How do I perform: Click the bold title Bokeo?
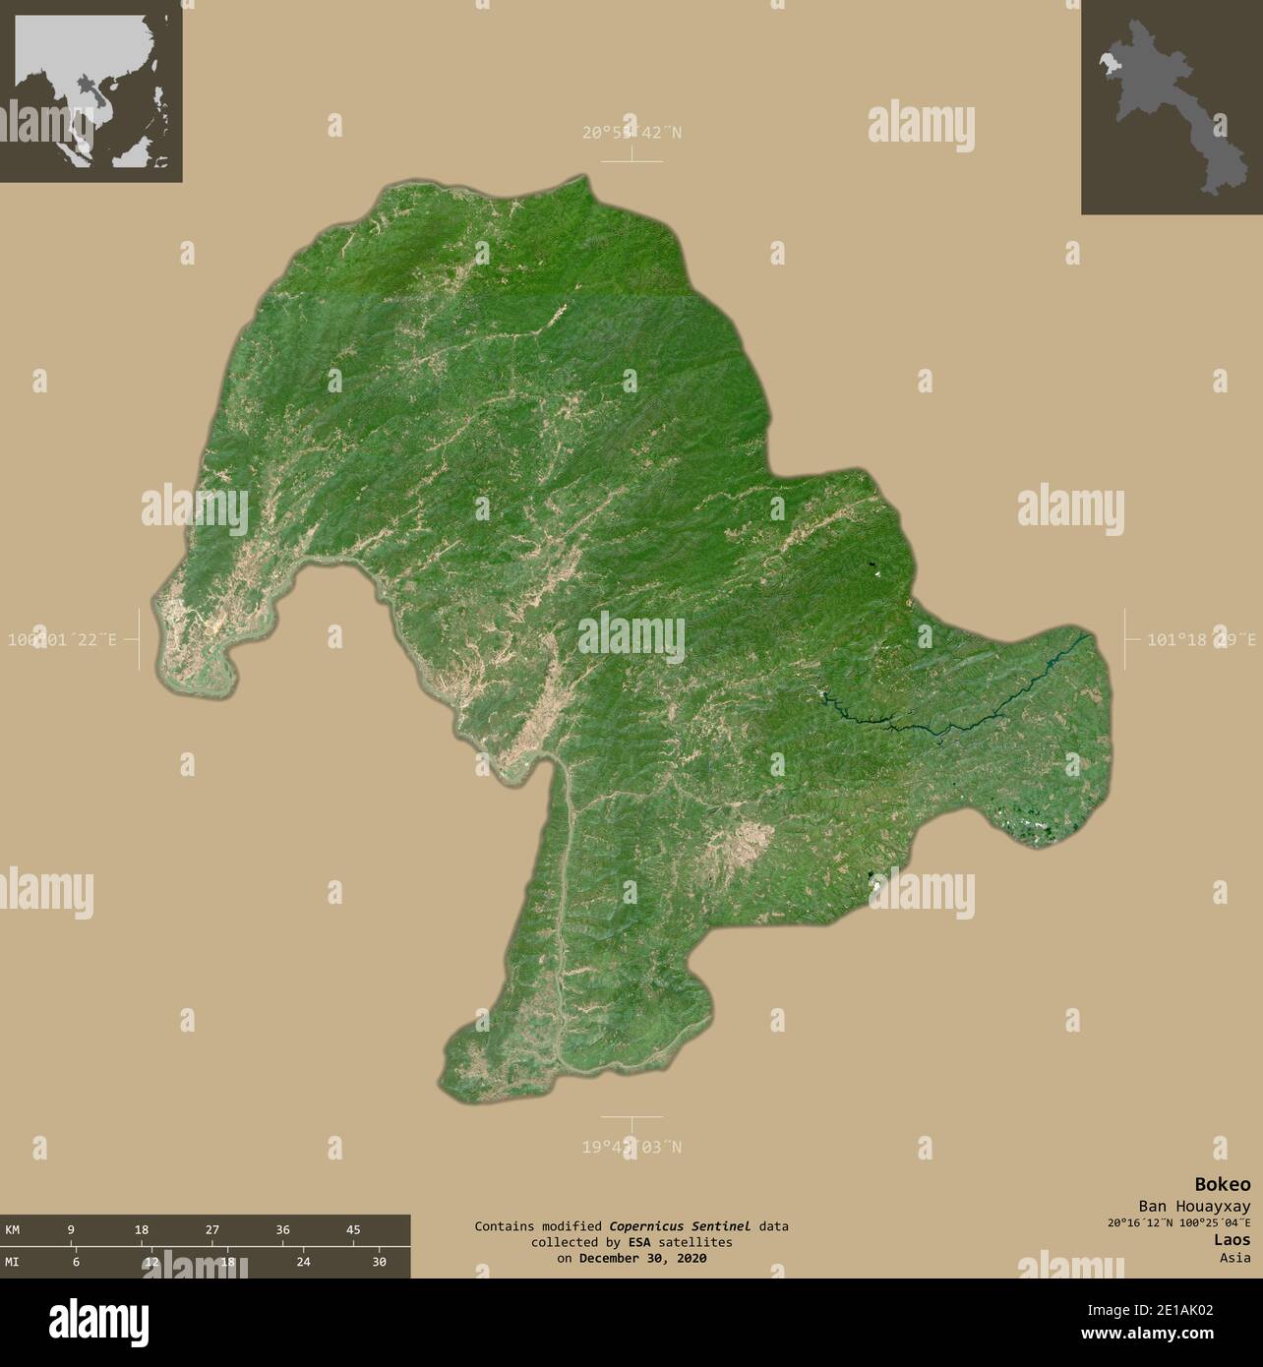click(1223, 1184)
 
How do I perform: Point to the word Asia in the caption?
click(1234, 1257)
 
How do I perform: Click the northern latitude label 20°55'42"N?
click(631, 132)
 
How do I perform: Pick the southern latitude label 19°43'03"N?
click(631, 1147)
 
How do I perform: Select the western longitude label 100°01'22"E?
click(61, 639)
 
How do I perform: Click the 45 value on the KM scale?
click(353, 1229)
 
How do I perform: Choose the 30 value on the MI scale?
click(379, 1262)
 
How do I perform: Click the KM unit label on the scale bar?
click(13, 1229)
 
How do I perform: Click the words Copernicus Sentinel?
click(679, 1226)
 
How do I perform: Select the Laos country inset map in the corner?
click(1171, 106)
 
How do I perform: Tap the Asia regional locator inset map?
click(90, 90)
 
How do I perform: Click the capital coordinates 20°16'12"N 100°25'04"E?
click(1178, 1223)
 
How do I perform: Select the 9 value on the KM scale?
click(71, 1229)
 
